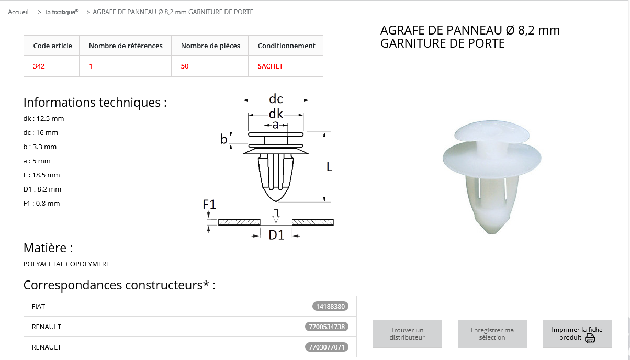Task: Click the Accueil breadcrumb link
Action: (18, 12)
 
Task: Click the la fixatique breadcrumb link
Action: (62, 12)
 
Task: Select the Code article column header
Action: (53, 46)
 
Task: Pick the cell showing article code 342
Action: (39, 66)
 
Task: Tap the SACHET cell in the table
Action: (271, 66)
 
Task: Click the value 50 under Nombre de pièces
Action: (185, 66)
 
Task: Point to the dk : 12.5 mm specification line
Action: (43, 118)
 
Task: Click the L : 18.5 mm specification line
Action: (42, 175)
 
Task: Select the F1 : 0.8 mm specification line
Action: (42, 203)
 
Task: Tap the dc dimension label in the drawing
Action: (276, 99)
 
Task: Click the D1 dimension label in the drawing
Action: (276, 235)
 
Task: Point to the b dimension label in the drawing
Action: (223, 139)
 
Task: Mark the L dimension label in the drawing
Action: (329, 167)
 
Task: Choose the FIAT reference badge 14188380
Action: (330, 306)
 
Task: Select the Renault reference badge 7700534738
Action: (327, 327)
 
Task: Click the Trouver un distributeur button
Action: (407, 333)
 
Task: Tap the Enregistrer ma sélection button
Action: (492, 333)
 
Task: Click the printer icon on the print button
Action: (590, 339)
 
